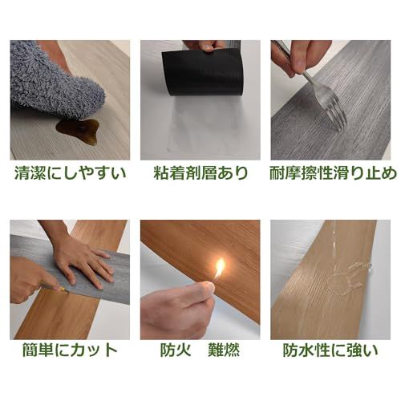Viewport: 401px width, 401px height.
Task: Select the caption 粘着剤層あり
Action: click(200, 172)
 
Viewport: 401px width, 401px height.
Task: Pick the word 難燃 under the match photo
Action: click(229, 350)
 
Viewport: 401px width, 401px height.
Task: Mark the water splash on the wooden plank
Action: click(346, 281)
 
